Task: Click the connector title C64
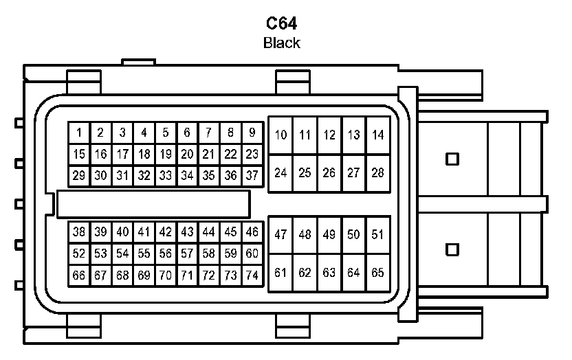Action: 282,24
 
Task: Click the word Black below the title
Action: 282,43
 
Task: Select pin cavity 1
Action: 79,133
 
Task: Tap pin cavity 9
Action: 252,133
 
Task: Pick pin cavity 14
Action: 377,135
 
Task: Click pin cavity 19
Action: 166,155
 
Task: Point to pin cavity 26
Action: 329,172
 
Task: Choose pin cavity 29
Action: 79,176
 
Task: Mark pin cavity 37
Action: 252,176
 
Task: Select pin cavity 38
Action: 79,232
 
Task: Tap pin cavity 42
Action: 166,232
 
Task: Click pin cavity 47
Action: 280,235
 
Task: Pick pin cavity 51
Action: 377,235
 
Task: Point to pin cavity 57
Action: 187,254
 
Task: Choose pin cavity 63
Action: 329,273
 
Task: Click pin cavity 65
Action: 377,273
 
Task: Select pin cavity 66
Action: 79,275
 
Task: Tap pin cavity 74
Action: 252,275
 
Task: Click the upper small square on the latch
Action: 452,159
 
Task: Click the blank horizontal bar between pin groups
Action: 153,204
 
